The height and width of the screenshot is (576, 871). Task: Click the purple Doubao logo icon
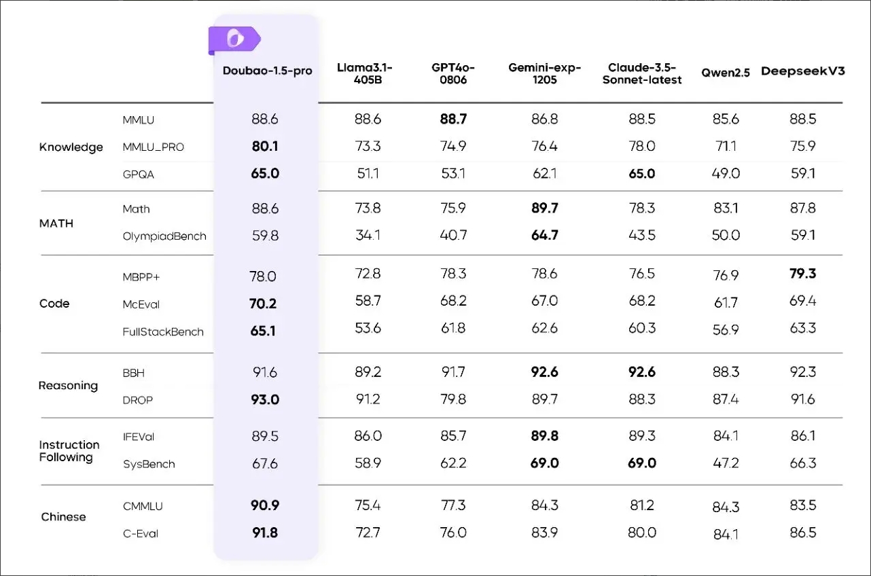tap(234, 40)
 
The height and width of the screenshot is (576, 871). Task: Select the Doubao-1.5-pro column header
tap(268, 71)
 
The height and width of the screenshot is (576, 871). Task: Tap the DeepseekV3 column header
tap(802, 71)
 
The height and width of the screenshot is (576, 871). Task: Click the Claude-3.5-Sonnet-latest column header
tap(642, 73)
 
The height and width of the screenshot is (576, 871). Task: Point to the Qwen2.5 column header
tap(726, 73)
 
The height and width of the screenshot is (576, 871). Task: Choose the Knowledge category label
tap(71, 147)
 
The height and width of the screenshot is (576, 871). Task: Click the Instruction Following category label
tap(69, 451)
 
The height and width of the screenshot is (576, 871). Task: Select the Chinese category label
tap(63, 517)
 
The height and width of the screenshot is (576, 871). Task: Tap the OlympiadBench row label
tap(164, 236)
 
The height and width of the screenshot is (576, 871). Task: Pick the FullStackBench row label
tap(163, 332)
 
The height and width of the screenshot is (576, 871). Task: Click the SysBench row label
tap(149, 465)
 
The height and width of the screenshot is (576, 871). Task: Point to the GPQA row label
tap(139, 175)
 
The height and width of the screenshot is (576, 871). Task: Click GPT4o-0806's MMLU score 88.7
tap(453, 120)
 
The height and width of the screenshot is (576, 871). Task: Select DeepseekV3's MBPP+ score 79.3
tap(802, 274)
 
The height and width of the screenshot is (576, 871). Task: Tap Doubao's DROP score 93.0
tap(265, 400)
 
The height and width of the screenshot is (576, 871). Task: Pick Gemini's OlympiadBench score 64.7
tap(544, 236)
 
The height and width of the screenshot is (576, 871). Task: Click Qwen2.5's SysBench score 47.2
tap(726, 464)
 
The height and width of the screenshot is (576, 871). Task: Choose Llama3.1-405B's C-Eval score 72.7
tap(368, 533)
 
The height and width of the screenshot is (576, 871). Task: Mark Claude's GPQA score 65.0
tap(641, 174)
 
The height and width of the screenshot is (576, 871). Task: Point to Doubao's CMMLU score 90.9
tap(265, 506)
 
